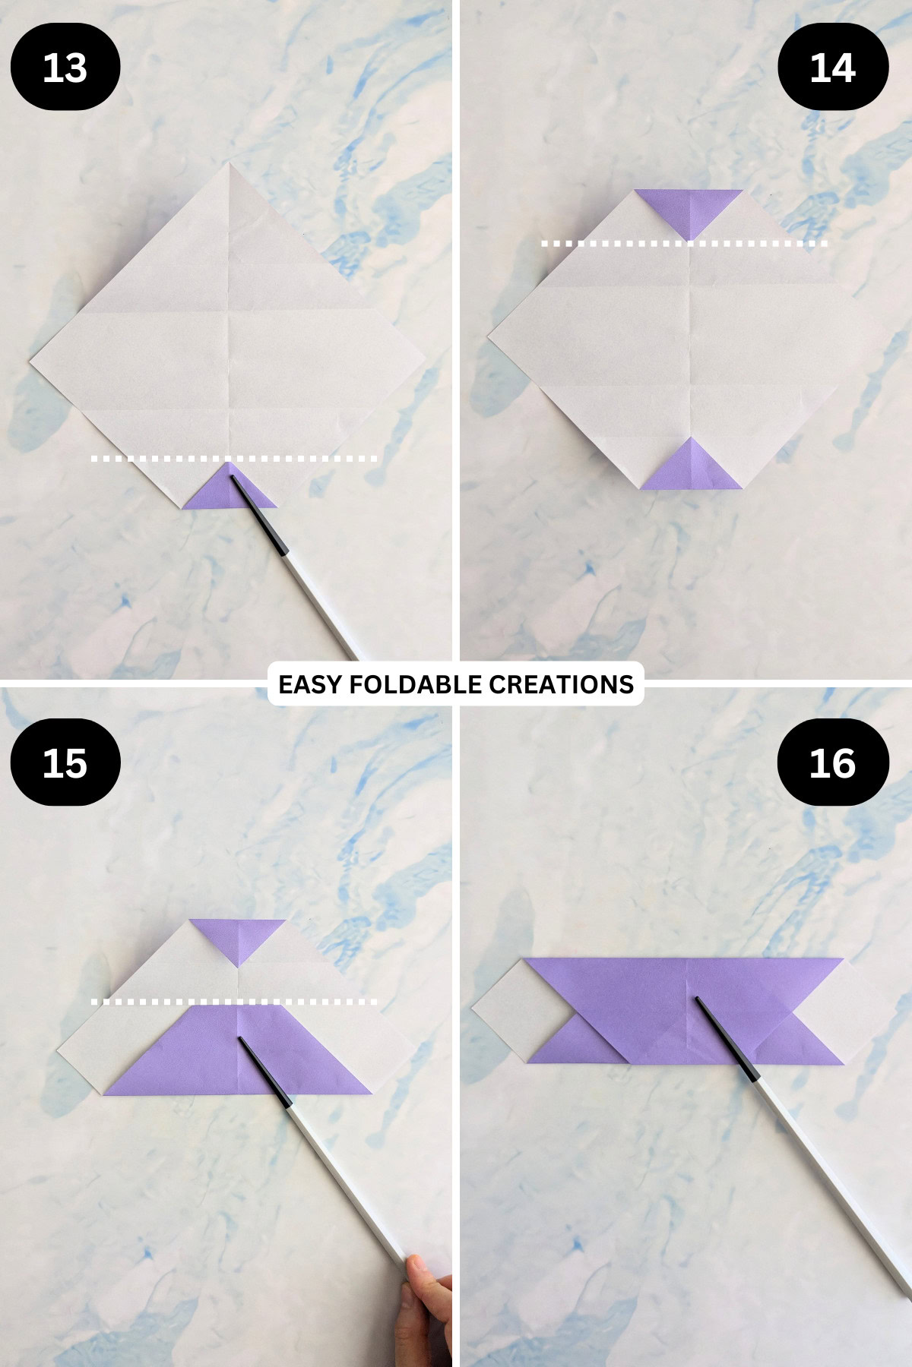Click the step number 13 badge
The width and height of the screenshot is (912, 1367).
click(65, 68)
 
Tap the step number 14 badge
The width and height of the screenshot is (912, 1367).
click(833, 68)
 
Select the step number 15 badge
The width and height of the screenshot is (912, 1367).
click(65, 762)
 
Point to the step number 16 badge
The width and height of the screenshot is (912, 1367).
click(833, 762)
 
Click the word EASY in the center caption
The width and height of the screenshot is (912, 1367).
click(306, 684)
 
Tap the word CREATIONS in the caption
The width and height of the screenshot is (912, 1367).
click(561, 684)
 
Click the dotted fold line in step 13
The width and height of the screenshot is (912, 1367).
click(234, 459)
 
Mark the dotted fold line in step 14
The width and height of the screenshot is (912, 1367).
click(684, 244)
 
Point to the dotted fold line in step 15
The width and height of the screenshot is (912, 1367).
click(234, 1002)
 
